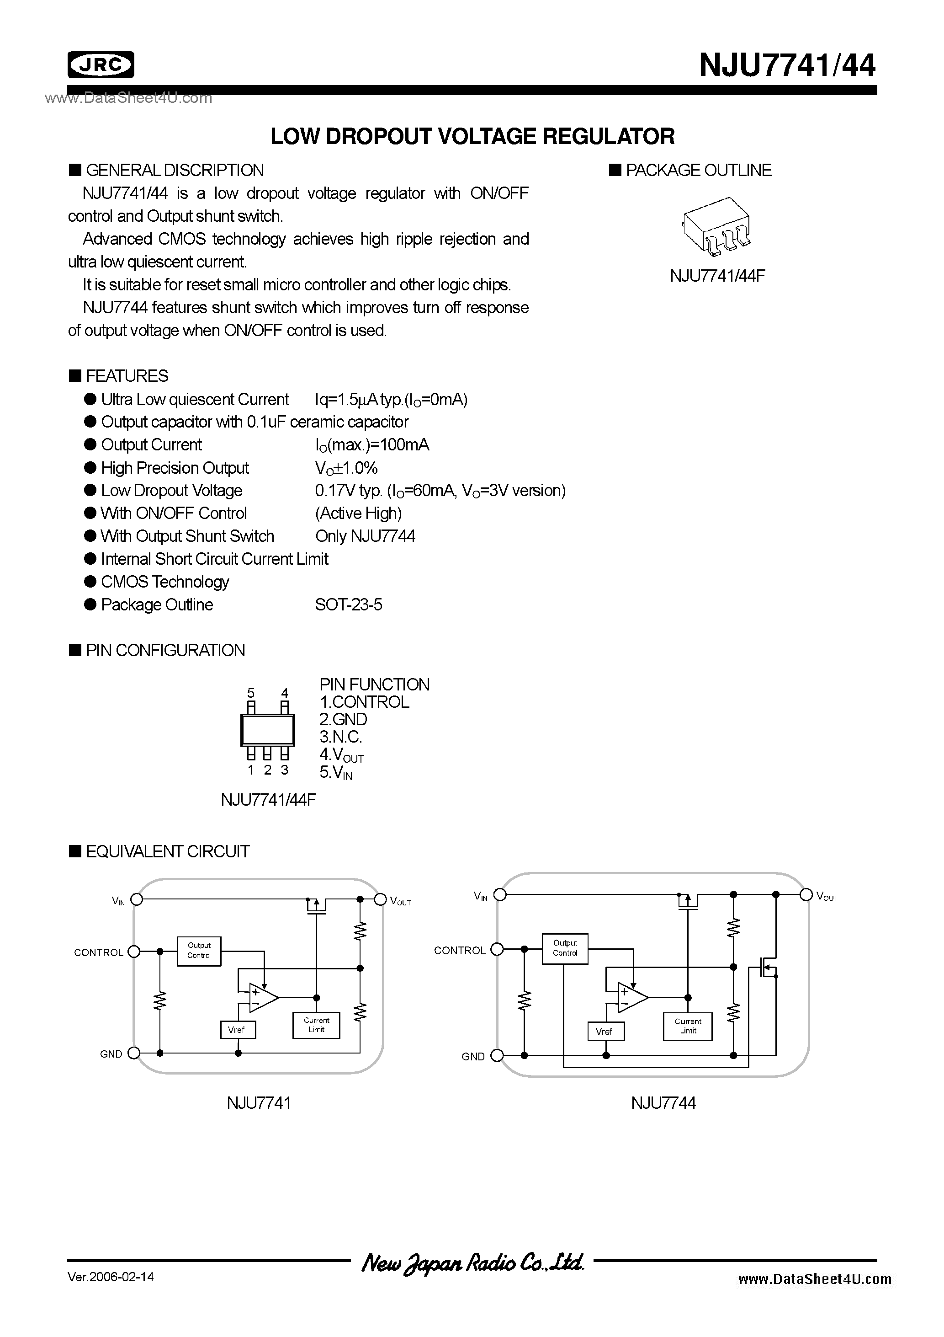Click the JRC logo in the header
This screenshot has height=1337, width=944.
tap(101, 64)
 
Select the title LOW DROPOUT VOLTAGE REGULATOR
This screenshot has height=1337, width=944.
tap(472, 136)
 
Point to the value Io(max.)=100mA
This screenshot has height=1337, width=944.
tap(372, 445)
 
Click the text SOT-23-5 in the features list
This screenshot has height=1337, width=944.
tap(349, 605)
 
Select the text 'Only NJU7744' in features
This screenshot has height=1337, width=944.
tap(365, 536)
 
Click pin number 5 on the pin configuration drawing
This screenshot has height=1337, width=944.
tap(251, 693)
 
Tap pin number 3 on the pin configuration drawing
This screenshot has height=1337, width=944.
tap(285, 770)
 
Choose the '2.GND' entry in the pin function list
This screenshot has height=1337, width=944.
tap(344, 720)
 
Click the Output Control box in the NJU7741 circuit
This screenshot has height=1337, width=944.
tap(199, 950)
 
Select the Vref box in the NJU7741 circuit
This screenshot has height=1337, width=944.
tap(236, 1030)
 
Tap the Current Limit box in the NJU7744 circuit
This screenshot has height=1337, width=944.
tap(688, 1026)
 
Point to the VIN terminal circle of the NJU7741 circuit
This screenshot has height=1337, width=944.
tap(137, 900)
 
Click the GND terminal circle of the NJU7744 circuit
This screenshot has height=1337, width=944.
tap(496, 1056)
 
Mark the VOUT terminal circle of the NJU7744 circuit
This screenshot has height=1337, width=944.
tap(806, 894)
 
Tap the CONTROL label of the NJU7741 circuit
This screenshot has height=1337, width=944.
tap(98, 952)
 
